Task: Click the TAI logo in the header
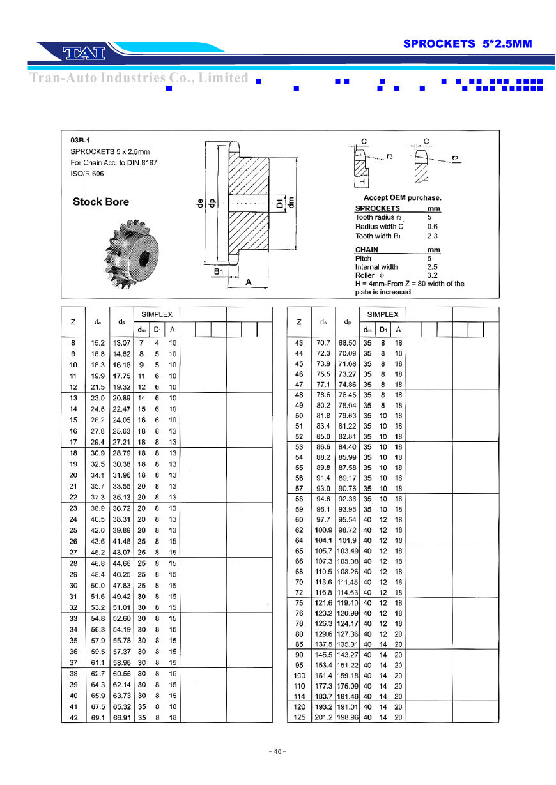tap(82, 52)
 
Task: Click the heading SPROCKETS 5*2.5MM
tap(467, 43)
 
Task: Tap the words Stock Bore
tap(100, 202)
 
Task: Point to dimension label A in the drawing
tap(247, 282)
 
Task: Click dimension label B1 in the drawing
tap(218, 271)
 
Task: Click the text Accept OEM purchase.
tap(402, 198)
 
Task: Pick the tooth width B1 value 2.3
tap(432, 236)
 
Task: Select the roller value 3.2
tap(432, 275)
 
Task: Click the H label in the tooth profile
tap(362, 182)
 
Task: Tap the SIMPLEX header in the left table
tap(157, 314)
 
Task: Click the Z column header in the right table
tap(299, 322)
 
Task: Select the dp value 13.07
tap(121, 343)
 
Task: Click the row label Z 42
tap(73, 718)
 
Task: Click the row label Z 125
tap(299, 717)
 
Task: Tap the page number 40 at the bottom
tap(277, 751)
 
